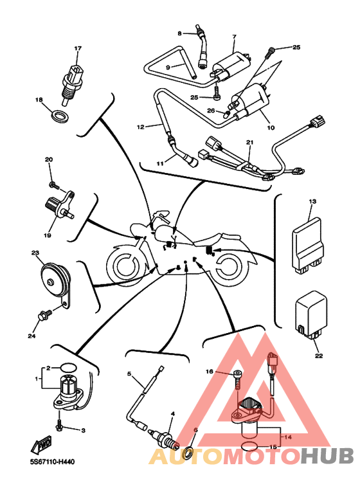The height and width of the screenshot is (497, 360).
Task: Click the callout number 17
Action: tap(78, 48)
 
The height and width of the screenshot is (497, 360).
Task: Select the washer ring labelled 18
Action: tap(60, 116)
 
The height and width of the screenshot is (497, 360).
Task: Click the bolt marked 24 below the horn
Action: tap(45, 316)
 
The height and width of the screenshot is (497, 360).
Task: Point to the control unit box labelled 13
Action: tap(307, 245)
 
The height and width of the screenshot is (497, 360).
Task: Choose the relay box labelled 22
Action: tap(311, 314)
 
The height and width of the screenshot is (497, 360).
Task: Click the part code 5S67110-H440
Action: tap(52, 462)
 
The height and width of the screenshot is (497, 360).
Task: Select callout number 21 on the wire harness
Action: tap(250, 143)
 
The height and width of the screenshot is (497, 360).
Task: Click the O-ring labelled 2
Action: tap(68, 368)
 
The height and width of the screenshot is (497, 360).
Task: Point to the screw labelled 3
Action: tap(60, 425)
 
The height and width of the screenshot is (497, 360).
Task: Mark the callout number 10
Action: tap(271, 128)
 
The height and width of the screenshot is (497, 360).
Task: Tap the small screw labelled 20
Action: tap(54, 185)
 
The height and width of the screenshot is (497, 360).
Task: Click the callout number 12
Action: tap(141, 127)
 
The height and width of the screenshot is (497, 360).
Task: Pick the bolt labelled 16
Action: tap(237, 381)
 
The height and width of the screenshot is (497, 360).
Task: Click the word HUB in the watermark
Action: tap(327, 455)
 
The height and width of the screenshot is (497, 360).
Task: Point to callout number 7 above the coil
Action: tap(235, 37)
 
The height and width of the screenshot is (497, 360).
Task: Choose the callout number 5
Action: tap(129, 374)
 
